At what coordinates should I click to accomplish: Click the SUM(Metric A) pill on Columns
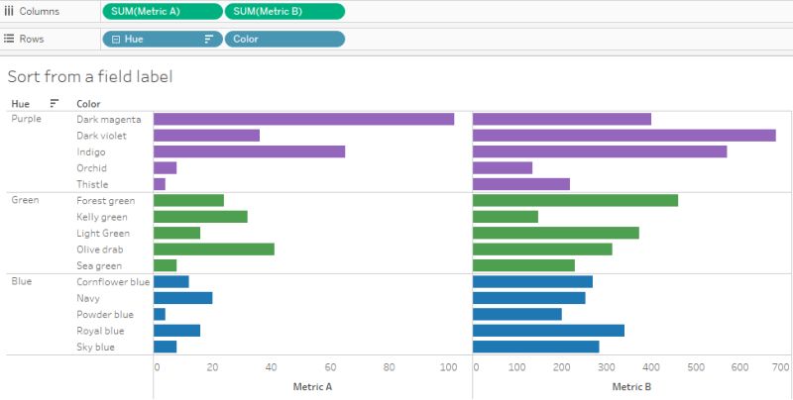click(163, 11)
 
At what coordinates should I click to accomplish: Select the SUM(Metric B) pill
click(284, 11)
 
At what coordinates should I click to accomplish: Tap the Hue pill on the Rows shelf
click(162, 39)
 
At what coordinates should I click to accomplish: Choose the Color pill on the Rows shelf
click(284, 39)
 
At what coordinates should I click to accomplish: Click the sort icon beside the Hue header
click(55, 103)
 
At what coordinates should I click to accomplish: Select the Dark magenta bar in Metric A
click(303, 119)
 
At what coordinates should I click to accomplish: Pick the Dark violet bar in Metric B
click(623, 136)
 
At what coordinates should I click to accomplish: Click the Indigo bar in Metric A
click(249, 151)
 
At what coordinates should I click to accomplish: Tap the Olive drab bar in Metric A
click(213, 249)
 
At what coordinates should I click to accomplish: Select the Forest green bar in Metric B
click(575, 200)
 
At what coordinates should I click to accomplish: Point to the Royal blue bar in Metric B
click(548, 331)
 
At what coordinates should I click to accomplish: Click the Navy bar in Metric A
click(182, 298)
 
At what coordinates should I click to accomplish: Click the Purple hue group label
click(26, 119)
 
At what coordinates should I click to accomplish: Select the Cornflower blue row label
click(113, 282)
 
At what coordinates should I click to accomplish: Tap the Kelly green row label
click(102, 217)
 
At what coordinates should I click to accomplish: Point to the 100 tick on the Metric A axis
click(448, 367)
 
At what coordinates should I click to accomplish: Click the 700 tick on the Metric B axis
click(780, 367)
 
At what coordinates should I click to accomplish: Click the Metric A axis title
click(311, 386)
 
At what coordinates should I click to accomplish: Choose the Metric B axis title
click(631, 386)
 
